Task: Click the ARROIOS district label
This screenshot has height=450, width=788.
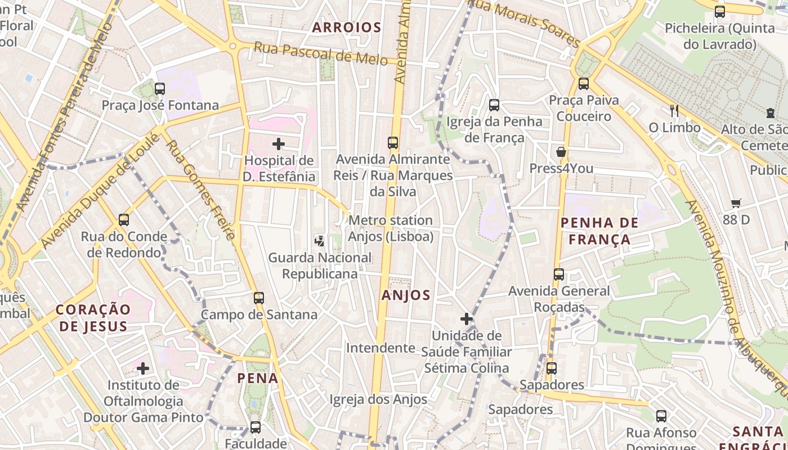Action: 347,27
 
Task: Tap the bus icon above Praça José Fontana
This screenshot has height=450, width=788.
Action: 160,88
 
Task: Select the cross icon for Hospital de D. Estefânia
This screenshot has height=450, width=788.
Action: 279,144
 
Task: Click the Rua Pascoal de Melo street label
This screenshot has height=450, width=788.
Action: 320,53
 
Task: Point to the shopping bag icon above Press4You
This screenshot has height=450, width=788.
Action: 561,152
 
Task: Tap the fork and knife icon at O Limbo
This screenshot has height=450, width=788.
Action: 674,111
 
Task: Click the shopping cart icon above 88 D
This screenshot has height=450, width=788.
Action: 736,203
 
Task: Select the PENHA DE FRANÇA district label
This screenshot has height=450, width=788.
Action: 599,231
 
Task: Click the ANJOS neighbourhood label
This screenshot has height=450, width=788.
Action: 406,295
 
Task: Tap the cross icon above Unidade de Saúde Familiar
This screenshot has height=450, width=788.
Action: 466,319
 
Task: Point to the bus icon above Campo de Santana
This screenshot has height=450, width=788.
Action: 259,298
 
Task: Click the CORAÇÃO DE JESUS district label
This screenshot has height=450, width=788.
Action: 93,318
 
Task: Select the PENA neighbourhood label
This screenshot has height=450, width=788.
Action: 258,378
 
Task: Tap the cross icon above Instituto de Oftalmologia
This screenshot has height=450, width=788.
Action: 143,368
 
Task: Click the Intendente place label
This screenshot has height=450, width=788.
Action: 380,348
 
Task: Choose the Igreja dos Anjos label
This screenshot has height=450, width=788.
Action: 378,399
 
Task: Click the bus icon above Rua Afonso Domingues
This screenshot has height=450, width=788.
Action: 661,416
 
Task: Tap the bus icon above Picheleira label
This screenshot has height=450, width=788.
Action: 719,11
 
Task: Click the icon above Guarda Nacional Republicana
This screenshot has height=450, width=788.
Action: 319,241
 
